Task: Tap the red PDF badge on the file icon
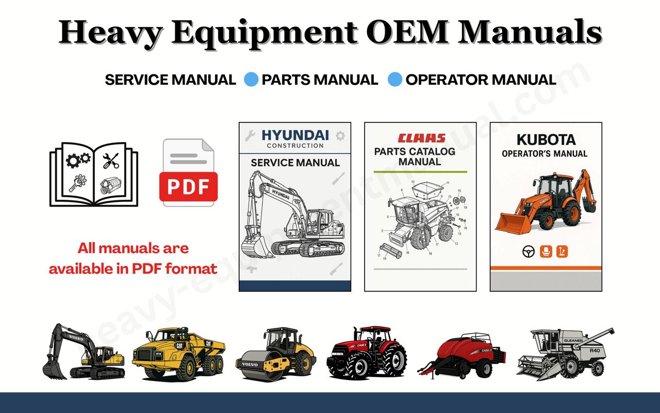(189, 186)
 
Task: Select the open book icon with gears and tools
(94, 174)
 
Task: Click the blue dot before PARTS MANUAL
(251, 80)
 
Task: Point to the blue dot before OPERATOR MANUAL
(395, 80)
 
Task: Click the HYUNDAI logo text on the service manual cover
(295, 135)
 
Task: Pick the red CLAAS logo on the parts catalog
(421, 138)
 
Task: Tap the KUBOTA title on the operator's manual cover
(546, 140)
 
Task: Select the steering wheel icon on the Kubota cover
(527, 251)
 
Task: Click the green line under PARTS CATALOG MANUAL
(420, 171)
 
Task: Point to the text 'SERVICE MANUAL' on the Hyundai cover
(295, 163)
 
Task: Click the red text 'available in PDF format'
(133, 268)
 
